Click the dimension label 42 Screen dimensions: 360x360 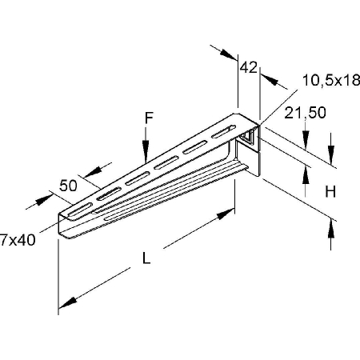[248, 67]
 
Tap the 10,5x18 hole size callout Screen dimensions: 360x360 [331, 80]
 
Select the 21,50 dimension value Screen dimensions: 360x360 [305, 113]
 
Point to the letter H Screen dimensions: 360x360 [330, 191]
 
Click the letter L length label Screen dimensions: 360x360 [146, 258]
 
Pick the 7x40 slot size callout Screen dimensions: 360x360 [18, 240]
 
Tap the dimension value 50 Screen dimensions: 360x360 [68, 186]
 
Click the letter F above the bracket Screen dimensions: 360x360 [149, 118]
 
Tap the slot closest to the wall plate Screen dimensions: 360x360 [224, 132]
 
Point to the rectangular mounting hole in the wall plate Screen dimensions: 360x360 [246, 137]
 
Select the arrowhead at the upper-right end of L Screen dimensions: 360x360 [226, 214]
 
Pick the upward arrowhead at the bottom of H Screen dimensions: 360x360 [331, 228]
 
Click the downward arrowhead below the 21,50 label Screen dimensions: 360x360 [306, 139]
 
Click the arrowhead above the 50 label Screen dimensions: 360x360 [93, 171]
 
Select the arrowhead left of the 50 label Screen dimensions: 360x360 [44, 199]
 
